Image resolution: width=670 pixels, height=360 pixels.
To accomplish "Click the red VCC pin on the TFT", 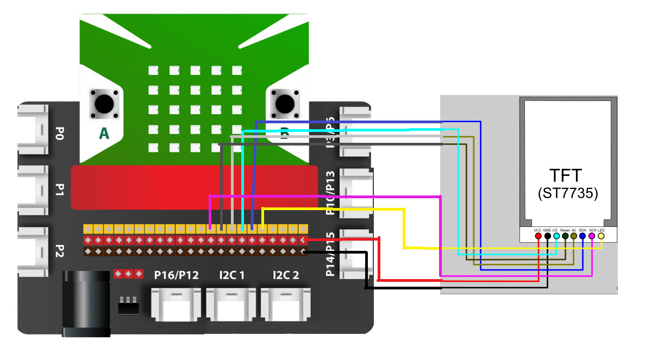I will click(538, 236).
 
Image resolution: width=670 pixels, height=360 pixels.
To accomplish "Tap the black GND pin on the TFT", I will click(547, 236).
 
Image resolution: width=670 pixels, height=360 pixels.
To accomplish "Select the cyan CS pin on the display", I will click(556, 236).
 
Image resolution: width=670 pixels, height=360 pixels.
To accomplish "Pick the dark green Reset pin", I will click(565, 236).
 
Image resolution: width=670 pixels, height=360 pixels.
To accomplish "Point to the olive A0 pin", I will click(574, 236).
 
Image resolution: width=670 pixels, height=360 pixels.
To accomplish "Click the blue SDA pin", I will click(583, 236).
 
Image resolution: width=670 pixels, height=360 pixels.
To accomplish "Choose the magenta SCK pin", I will click(592, 236).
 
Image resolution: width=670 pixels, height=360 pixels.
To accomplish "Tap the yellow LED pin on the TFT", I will click(600, 236).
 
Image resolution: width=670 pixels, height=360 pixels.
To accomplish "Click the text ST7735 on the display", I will click(567, 194).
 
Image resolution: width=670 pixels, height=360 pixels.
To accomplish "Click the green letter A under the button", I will click(104, 134).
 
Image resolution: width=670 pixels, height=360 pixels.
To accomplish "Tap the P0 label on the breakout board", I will click(59, 134).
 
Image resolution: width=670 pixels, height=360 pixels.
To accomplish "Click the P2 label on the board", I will click(59, 252).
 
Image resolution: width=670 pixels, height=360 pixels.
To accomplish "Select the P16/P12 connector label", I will click(176, 275).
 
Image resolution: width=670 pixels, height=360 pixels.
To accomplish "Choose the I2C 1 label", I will click(231, 275).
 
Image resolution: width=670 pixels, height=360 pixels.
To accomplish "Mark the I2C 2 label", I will click(286, 275).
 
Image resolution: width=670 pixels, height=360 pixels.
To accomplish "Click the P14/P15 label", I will click(330, 254).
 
